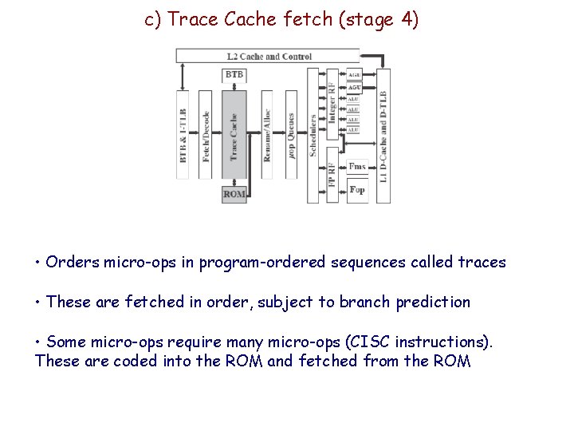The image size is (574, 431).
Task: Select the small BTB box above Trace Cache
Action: tap(234, 75)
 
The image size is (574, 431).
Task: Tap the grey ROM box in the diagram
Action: tap(234, 194)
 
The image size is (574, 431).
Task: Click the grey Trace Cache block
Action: tap(234, 136)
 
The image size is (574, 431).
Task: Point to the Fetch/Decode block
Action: tap(206, 136)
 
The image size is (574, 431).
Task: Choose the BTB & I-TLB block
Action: tap(183, 136)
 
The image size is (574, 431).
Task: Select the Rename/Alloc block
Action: tap(267, 136)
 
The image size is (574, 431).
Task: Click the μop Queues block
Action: tap(291, 136)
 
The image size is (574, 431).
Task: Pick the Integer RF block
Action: tap(332, 101)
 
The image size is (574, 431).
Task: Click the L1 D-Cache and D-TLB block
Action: tap(383, 136)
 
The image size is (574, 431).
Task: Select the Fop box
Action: tap(357, 190)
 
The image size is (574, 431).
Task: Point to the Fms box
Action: tap(357, 167)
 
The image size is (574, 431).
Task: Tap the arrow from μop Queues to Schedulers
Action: tap(302, 136)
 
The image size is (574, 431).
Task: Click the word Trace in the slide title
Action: tap(195, 20)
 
